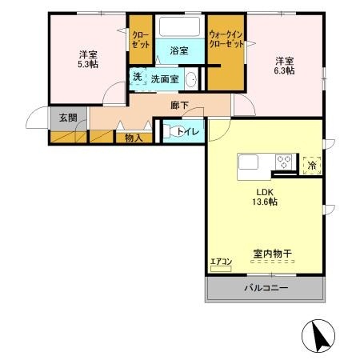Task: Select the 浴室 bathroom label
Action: point(179,50)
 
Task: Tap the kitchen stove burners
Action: point(284,162)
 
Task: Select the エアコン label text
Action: point(220,261)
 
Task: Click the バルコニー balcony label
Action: point(266,288)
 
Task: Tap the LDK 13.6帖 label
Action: point(266,198)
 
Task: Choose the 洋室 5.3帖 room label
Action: point(88,60)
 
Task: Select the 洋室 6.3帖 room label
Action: point(286,66)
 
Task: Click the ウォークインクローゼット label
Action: point(226,39)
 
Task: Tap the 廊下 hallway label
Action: point(179,104)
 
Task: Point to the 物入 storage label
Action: point(133,138)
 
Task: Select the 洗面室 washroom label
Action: point(165,79)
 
